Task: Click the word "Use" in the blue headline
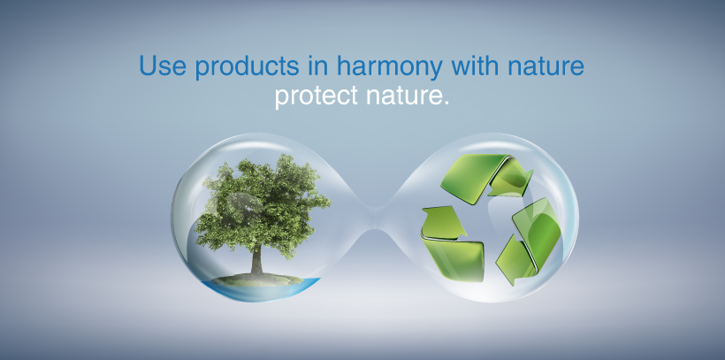coord(163,65)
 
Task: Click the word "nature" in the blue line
coord(546,66)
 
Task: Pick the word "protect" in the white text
coord(317,96)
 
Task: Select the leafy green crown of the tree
coord(261,205)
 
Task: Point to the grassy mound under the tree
coord(257,280)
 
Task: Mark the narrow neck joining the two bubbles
coord(376,218)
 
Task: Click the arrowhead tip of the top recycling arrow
coord(531,172)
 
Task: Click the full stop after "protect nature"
coord(446,103)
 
